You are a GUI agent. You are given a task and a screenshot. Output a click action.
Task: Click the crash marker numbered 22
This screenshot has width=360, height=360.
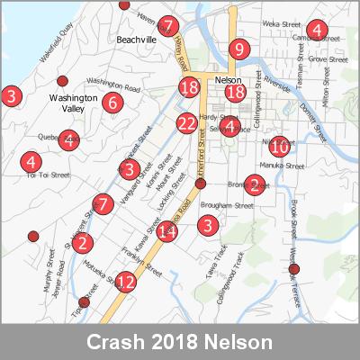point(187,123)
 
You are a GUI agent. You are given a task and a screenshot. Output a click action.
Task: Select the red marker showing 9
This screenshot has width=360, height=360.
point(238,49)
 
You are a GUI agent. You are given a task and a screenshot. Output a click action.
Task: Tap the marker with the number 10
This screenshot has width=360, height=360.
point(280,146)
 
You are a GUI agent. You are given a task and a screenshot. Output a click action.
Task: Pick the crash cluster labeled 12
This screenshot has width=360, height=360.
point(126,283)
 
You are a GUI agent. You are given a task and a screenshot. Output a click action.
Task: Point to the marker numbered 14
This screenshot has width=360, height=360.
point(166,231)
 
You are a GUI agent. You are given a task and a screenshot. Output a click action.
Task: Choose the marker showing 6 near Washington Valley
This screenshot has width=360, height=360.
point(112,102)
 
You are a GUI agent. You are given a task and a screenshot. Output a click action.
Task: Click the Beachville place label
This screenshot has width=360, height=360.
point(136,40)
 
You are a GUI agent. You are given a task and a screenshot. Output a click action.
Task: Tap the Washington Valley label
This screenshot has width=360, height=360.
point(72,102)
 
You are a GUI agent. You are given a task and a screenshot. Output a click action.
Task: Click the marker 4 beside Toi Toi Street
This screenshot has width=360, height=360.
point(31,162)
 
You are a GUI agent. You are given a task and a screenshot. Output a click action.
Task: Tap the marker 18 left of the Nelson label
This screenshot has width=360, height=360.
point(189,87)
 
